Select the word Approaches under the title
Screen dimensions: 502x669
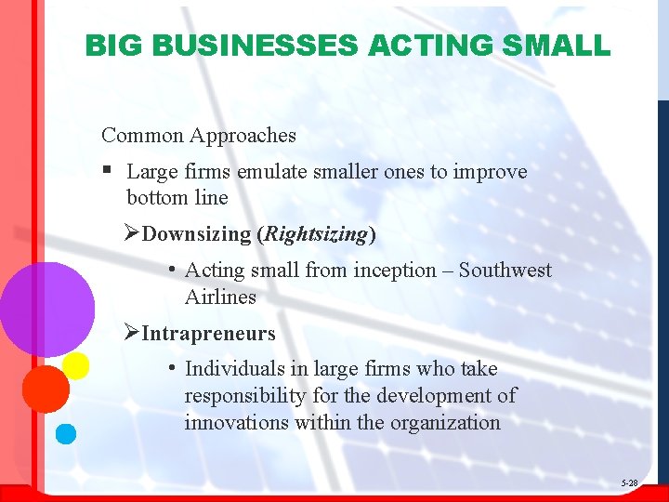[x=243, y=136]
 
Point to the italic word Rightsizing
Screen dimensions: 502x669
[x=316, y=234]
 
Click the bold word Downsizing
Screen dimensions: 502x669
[x=197, y=234]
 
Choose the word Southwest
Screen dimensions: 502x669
[x=505, y=271]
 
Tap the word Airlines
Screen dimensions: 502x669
[x=220, y=297]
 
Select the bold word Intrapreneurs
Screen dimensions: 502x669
[x=209, y=333]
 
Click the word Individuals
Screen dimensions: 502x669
[x=233, y=369]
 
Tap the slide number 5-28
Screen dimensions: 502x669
[x=629, y=483]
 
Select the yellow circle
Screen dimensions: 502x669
[x=75, y=365]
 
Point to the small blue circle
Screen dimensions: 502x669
[x=65, y=432]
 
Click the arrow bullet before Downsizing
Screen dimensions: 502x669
[x=133, y=234]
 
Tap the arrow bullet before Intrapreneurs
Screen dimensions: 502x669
[x=133, y=333]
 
